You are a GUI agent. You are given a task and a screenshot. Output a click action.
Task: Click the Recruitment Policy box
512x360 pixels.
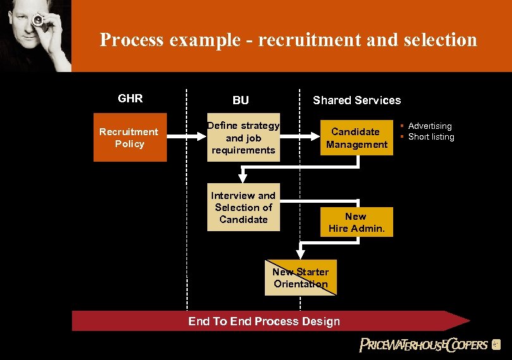[x=130, y=138]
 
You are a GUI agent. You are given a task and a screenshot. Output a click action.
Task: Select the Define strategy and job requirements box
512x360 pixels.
[x=243, y=138]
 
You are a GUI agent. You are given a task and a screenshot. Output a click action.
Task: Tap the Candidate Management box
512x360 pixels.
[x=357, y=138]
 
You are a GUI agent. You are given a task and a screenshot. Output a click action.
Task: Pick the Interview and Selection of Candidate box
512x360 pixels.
[x=243, y=207]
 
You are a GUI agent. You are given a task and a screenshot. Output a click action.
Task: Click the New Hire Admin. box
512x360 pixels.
[x=357, y=222]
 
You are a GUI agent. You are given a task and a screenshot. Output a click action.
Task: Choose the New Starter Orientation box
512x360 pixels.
[x=301, y=278]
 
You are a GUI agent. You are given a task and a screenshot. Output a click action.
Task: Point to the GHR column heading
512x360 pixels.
[x=130, y=99]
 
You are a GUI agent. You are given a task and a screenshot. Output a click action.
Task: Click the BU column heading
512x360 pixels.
[x=241, y=100]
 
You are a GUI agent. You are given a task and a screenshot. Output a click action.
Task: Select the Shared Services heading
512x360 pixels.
[x=357, y=100]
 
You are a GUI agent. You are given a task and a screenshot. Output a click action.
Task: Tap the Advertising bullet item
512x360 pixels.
[x=430, y=126]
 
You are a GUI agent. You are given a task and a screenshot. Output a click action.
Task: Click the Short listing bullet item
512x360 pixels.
[x=431, y=136]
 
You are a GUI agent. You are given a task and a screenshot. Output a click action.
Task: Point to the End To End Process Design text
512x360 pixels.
[x=264, y=321]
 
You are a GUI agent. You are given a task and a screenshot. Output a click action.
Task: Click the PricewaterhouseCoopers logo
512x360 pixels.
[x=424, y=345]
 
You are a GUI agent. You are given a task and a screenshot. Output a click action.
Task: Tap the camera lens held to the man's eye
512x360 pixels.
[x=38, y=21]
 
